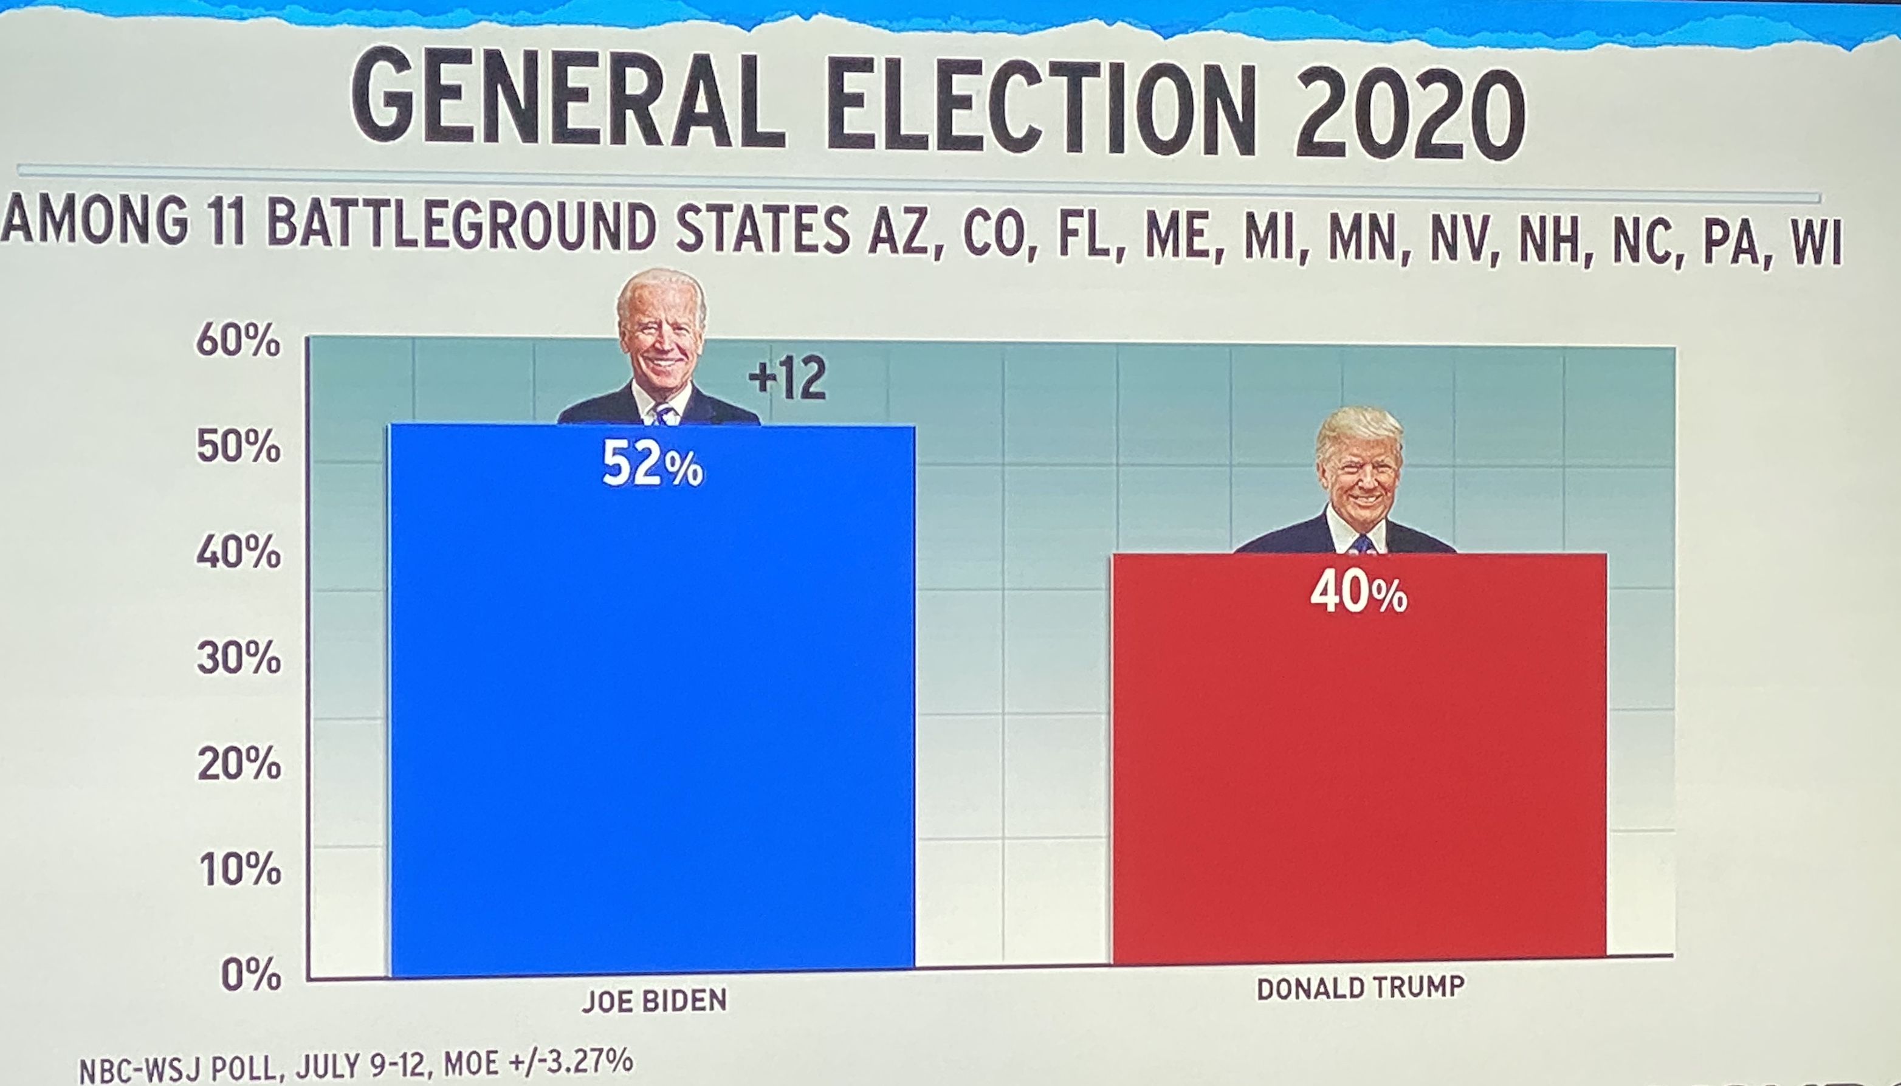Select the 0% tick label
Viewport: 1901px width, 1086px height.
(x=250, y=975)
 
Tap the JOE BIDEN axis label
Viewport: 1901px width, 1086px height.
(x=654, y=1001)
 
